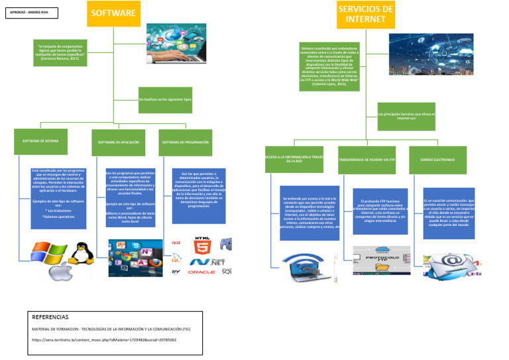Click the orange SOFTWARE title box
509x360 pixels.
(x=114, y=13)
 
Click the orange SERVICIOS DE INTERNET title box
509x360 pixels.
(x=365, y=14)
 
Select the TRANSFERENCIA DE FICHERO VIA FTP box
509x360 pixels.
(x=367, y=160)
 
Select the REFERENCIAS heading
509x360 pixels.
(x=50, y=318)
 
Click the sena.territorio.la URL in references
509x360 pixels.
(x=104, y=339)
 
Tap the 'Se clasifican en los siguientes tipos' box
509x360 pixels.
(x=164, y=99)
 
